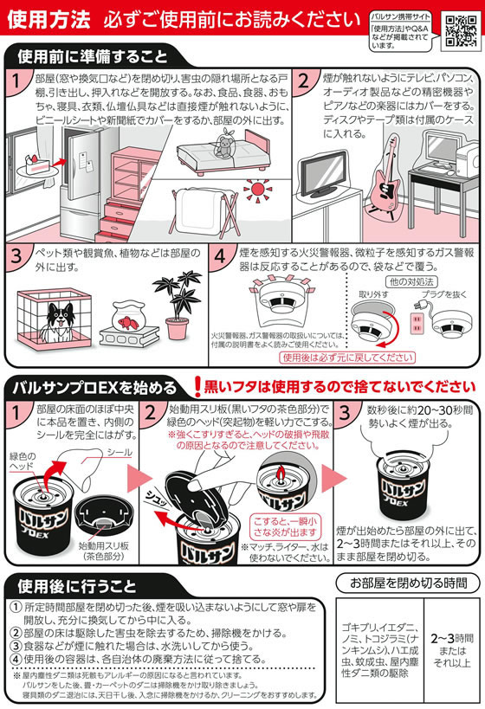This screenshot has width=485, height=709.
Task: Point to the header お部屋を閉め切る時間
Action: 408,580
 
